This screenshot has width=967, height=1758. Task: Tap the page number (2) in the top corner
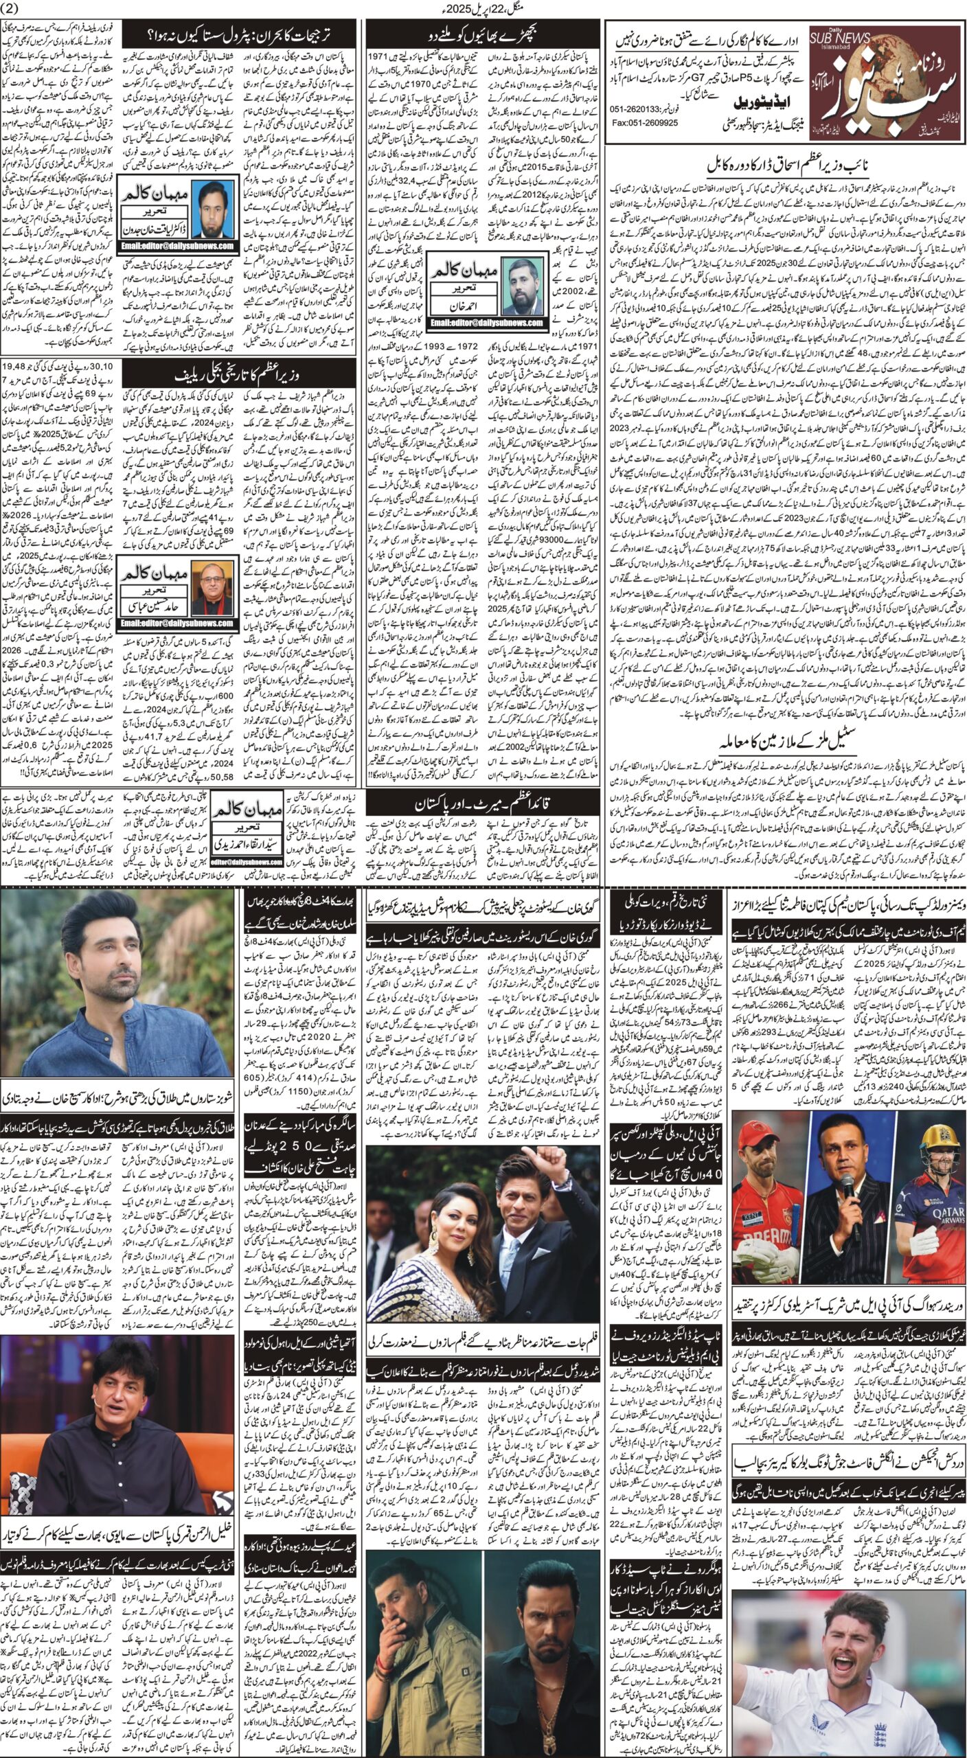[x=14, y=8]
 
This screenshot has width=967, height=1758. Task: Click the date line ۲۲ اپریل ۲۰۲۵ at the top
[x=482, y=9]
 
